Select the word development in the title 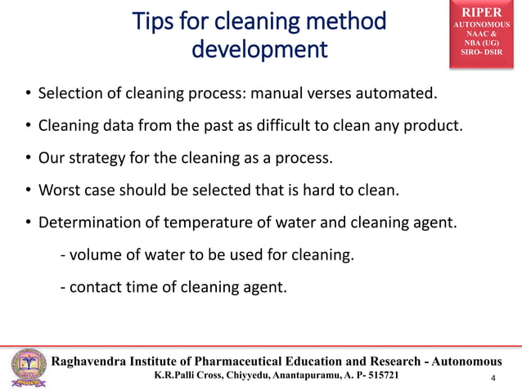258,50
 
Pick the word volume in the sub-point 93,255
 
